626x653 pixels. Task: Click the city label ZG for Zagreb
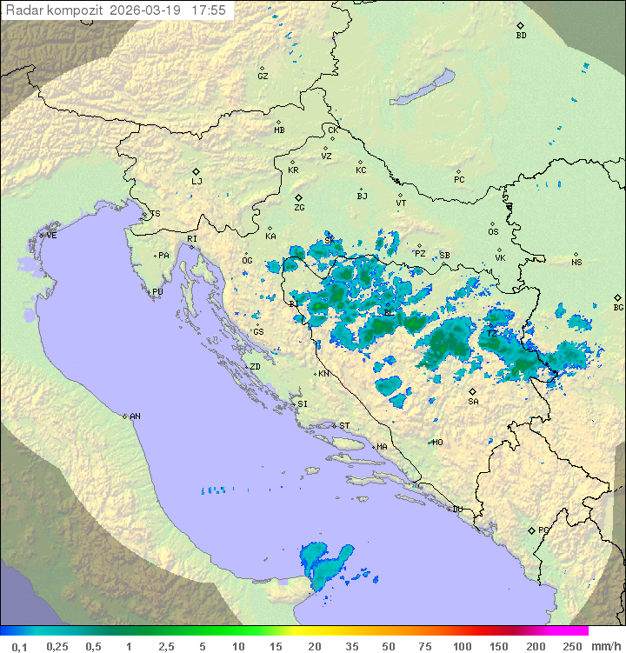click(299, 208)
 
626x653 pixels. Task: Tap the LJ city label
click(196, 182)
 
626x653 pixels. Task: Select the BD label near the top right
click(521, 36)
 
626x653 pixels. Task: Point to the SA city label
click(473, 402)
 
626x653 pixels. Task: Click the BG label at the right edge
click(618, 307)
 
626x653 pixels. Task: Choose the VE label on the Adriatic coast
click(51, 236)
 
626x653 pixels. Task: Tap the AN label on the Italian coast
click(135, 416)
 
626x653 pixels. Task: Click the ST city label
click(344, 426)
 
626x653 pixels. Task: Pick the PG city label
click(543, 530)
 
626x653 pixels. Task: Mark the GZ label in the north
click(263, 77)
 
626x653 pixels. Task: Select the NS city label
click(576, 263)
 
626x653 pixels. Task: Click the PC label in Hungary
click(459, 180)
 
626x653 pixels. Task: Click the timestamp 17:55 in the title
click(209, 10)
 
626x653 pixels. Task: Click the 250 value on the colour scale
click(571, 646)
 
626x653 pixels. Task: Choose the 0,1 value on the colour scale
click(19, 646)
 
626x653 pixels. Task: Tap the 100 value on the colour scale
click(462, 646)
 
